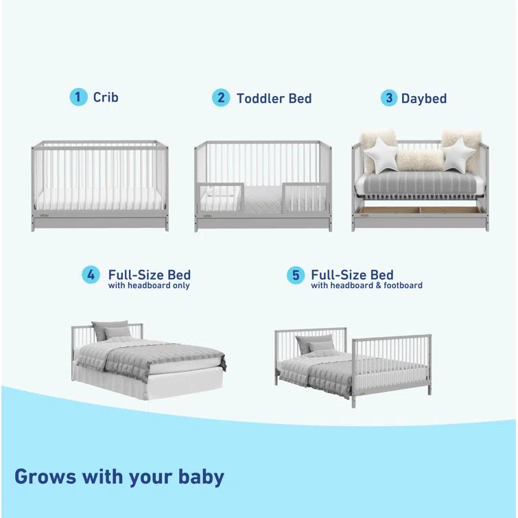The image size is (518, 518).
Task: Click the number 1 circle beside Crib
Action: click(79, 97)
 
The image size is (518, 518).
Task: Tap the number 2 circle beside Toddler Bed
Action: click(221, 97)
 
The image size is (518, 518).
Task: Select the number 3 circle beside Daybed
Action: click(389, 97)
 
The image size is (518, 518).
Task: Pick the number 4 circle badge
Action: click(91, 275)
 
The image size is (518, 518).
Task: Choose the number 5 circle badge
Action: click(296, 275)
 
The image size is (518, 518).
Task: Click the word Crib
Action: click(106, 97)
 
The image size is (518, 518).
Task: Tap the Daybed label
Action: click(423, 98)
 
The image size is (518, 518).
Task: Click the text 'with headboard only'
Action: click(149, 285)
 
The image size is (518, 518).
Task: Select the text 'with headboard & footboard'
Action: click(366, 285)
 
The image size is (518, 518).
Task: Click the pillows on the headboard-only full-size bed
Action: click(110, 331)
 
